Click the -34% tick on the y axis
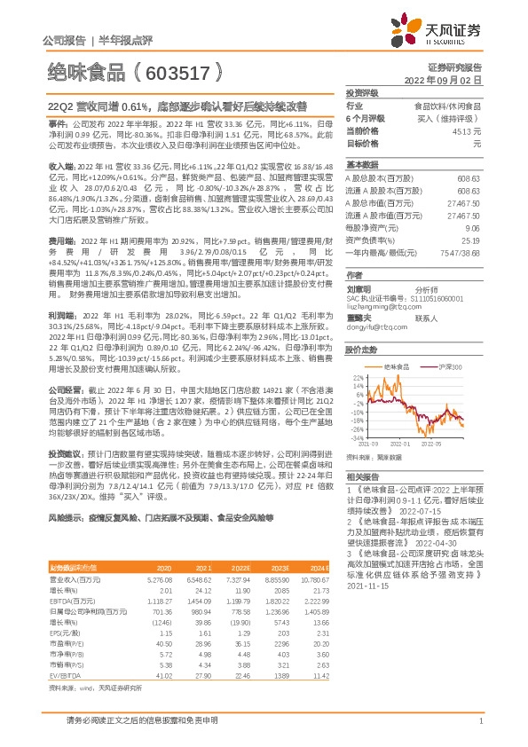click(357, 437)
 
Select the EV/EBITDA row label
click(63, 652)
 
